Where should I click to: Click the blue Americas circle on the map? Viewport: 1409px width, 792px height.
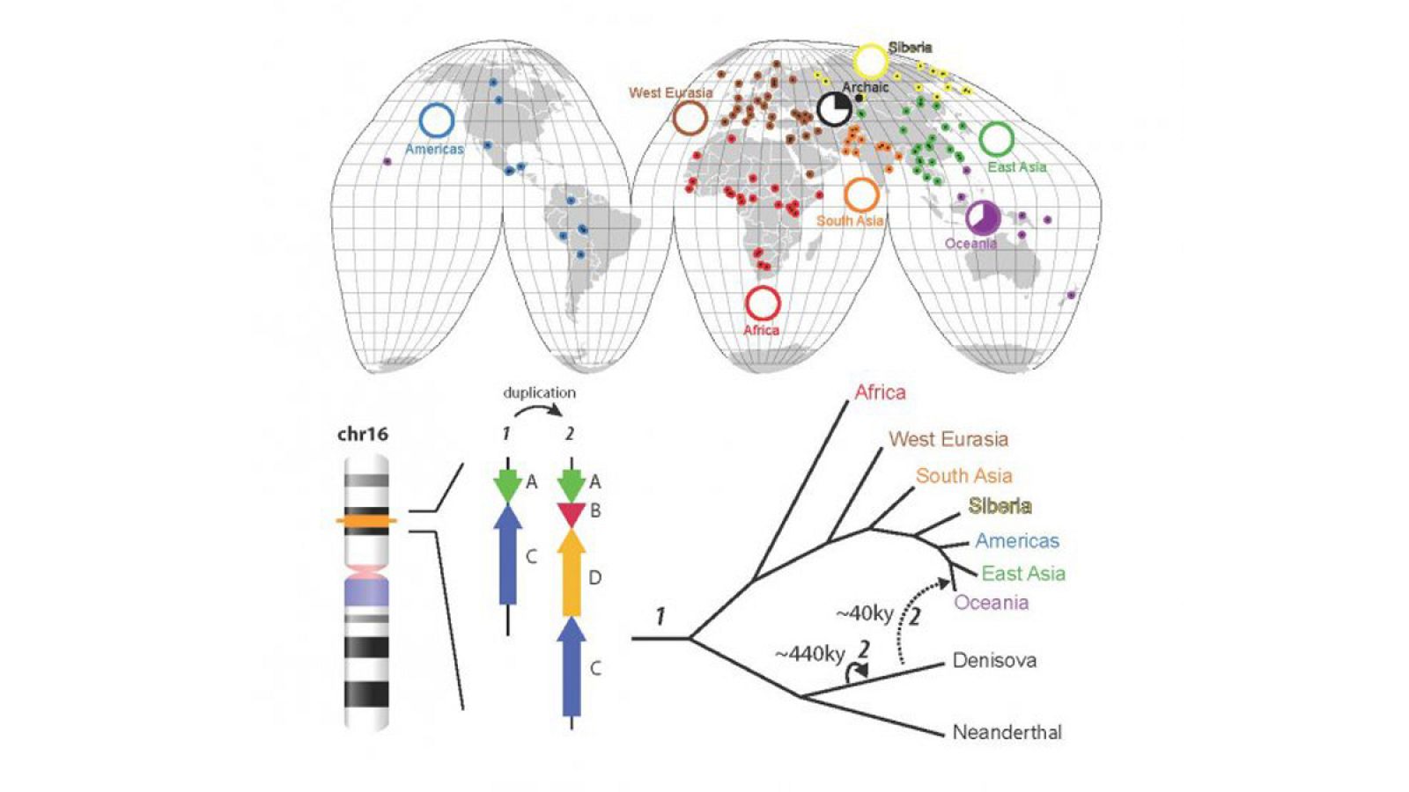pos(437,121)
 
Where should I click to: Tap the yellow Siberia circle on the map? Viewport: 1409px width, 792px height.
pos(870,61)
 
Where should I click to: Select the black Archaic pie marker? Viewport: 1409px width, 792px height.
pos(833,109)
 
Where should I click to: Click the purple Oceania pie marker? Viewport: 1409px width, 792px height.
pos(982,217)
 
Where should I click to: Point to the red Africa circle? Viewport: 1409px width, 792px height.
pos(763,303)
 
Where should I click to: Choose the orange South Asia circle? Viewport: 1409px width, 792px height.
pos(861,194)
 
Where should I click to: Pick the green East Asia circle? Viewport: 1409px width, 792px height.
pos(996,139)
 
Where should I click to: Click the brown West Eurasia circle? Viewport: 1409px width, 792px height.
pos(690,118)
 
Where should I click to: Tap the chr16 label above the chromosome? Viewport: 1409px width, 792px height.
pos(362,434)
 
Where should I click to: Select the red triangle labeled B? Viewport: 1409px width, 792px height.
pos(572,513)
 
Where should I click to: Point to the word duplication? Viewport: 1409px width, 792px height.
pos(539,392)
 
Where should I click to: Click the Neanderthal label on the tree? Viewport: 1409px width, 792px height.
pos(1007,732)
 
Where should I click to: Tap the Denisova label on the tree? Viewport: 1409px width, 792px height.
pos(994,661)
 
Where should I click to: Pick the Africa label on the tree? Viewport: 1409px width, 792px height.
pos(880,392)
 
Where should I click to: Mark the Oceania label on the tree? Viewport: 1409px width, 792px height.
pos(992,603)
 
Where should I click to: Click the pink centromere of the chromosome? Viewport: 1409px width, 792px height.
pos(366,572)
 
